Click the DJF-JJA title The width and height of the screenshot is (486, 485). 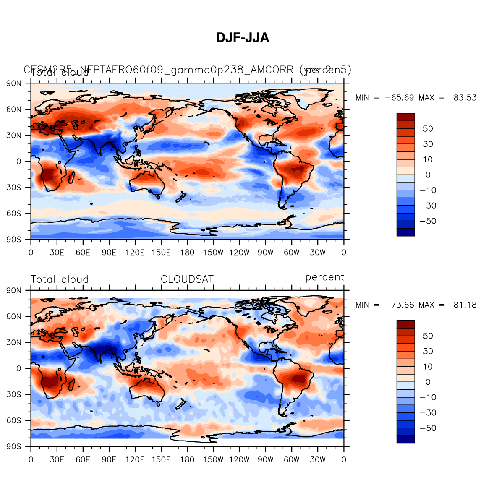(243, 38)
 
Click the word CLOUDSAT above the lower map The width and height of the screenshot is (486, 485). (187, 279)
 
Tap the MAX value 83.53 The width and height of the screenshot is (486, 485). (465, 98)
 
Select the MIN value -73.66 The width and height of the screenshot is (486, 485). (399, 305)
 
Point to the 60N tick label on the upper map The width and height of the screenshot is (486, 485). (14, 110)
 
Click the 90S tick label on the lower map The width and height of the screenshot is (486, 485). (14, 447)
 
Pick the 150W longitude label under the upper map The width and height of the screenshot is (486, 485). (213, 253)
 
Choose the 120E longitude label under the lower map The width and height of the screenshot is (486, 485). (135, 460)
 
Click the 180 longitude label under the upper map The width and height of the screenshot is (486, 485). (187, 253)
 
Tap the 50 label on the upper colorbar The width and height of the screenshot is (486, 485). (428, 129)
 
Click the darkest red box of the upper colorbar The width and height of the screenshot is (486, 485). (405, 117)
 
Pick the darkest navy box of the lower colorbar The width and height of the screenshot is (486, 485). (405, 439)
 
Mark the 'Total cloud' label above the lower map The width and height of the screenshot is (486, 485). (60, 279)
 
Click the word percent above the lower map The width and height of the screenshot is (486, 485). (325, 277)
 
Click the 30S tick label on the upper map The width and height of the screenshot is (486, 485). (14, 188)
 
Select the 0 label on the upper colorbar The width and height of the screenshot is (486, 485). (428, 175)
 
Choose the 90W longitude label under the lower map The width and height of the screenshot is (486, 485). (265, 460)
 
